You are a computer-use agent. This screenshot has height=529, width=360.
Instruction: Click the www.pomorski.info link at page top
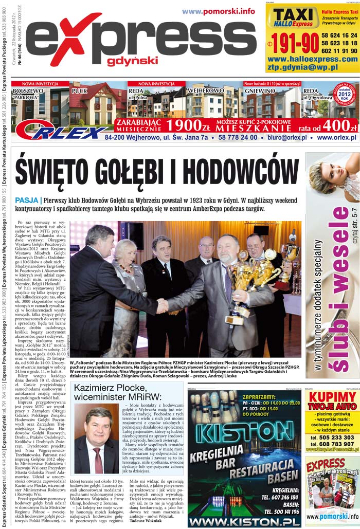tap(218, 11)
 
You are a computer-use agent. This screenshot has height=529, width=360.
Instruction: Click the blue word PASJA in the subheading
tap(26, 200)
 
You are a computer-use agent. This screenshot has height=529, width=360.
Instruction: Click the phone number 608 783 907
tap(332, 444)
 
